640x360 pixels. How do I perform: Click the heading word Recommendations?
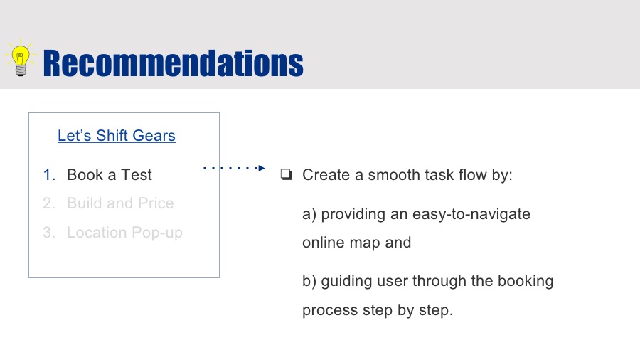(x=173, y=63)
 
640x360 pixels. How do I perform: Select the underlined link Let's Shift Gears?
(x=117, y=135)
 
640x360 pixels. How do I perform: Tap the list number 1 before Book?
(x=48, y=175)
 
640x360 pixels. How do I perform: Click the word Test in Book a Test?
(x=137, y=175)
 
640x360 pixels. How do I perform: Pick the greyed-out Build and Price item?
(x=120, y=203)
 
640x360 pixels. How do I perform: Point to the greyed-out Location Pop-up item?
(x=124, y=233)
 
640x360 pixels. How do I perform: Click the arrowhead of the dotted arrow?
(x=262, y=168)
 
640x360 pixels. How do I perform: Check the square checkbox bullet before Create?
(x=286, y=174)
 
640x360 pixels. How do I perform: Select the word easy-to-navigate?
(x=471, y=214)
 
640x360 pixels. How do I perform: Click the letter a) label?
(x=309, y=214)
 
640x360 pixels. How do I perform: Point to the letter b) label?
(x=309, y=281)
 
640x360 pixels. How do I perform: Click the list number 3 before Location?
(x=48, y=232)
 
